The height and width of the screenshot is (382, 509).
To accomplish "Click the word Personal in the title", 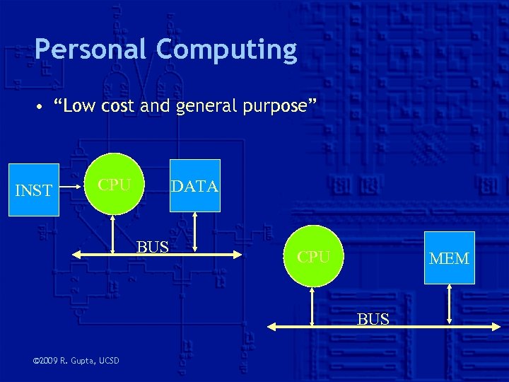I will (91, 50).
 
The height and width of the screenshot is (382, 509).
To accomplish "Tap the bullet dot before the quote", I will (42, 108).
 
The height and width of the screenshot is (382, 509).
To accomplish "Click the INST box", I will (33, 190).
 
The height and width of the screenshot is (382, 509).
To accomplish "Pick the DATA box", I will (194, 186).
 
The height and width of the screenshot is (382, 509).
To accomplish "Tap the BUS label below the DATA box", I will (153, 247).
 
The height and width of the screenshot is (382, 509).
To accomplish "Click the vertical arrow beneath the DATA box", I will (195, 233).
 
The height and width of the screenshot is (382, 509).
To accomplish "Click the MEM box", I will (449, 258).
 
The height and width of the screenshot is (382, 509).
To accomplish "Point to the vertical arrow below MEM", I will (450, 306).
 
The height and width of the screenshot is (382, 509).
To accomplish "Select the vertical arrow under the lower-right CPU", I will (313, 306).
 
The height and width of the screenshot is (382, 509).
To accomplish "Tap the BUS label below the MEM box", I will (373, 319).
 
